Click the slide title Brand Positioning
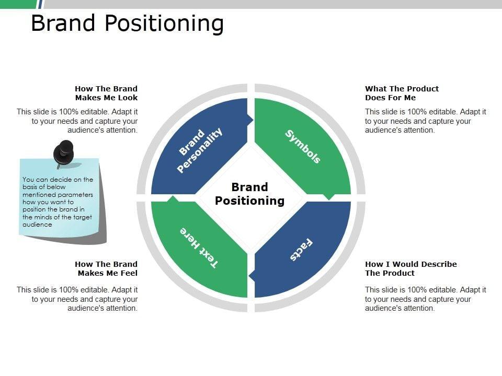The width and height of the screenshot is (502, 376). click(x=127, y=23)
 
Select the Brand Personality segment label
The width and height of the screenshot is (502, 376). click(x=200, y=150)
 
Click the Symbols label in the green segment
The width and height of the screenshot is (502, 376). click(x=303, y=147)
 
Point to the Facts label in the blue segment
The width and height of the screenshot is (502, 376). click(x=302, y=250)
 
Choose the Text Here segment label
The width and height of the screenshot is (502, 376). click(x=199, y=248)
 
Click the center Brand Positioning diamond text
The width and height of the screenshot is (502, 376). click(x=250, y=194)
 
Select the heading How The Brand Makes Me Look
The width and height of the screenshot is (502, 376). click(x=106, y=93)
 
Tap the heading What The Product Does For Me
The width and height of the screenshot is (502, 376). click(x=402, y=93)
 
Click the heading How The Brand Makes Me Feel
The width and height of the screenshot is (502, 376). click(x=106, y=268)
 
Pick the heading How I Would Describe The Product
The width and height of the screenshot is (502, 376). click(x=410, y=268)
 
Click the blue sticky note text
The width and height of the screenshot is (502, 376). click(x=58, y=202)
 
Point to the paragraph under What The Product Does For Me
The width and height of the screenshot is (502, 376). click(x=425, y=121)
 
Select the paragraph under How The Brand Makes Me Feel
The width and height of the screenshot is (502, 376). click(x=77, y=299)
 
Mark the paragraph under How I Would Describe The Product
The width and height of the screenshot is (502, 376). click(x=425, y=299)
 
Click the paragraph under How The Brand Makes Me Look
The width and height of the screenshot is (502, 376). click(x=77, y=121)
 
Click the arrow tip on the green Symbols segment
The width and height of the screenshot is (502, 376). click(x=329, y=197)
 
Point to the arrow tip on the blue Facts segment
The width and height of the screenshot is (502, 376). click(x=252, y=275)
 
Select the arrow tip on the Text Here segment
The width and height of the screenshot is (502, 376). click(x=173, y=198)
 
